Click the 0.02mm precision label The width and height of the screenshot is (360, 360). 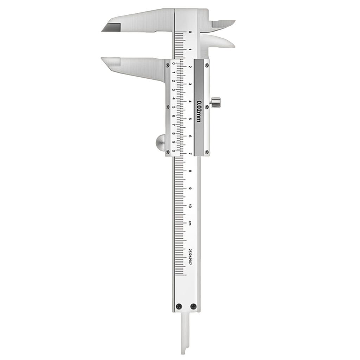coord(199,111)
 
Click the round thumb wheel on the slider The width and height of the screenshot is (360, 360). coord(160,143)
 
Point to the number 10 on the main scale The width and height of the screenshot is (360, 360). coord(190,206)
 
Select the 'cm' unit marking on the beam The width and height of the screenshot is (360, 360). coord(190,223)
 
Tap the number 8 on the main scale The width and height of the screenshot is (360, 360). coord(190,171)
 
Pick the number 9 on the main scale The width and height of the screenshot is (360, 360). coord(190,188)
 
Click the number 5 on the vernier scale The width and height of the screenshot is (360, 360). coord(174,107)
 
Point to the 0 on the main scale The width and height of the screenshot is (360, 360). coord(190,32)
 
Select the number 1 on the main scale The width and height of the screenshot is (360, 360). coord(190,50)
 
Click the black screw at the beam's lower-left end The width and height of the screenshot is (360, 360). coord(179,306)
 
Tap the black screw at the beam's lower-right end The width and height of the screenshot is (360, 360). coord(193,306)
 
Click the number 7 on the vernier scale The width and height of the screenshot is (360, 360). coord(174,124)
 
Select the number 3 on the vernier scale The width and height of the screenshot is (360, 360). coord(174,90)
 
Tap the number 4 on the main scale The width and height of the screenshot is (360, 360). coord(190,102)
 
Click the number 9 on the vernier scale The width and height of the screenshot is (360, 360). coord(174,142)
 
